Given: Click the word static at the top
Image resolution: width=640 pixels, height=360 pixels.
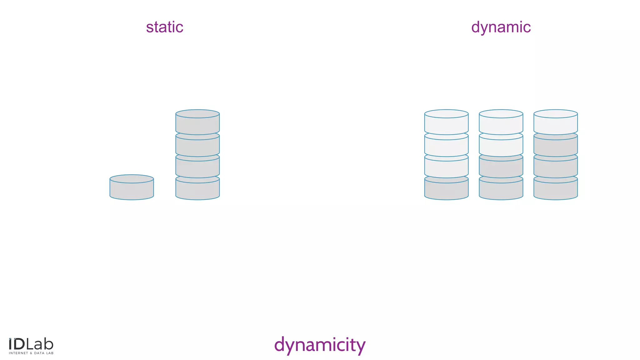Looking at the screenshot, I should coord(164,27).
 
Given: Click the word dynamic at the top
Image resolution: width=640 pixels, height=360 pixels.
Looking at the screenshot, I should coord(501,27).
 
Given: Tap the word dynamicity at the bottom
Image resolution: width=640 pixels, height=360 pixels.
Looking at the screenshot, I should coord(319,345).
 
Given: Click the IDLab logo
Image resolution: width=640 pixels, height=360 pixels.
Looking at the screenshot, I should coord(31,344).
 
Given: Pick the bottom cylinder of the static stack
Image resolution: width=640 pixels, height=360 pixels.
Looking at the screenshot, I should coord(197,190).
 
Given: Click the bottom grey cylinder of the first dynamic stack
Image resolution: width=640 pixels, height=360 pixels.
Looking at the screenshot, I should coord(446,190).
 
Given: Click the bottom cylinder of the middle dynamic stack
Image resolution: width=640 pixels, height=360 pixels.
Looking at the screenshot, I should coord(501,190).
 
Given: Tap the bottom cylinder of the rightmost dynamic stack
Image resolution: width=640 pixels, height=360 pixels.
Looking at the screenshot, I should coord(556,190).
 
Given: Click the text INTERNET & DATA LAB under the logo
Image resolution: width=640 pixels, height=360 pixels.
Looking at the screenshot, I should coord(31,353).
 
